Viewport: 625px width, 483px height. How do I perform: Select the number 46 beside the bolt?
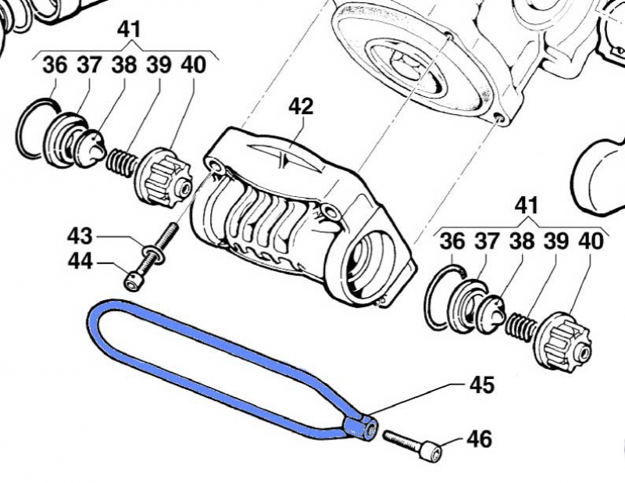(x=480, y=439)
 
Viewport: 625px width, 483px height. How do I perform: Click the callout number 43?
(x=80, y=234)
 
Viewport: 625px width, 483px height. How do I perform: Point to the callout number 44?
(x=80, y=263)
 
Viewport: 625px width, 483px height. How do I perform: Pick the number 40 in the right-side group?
(x=591, y=241)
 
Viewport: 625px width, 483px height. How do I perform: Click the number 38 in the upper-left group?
(x=123, y=66)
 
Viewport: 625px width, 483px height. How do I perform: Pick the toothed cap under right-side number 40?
(x=566, y=339)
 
